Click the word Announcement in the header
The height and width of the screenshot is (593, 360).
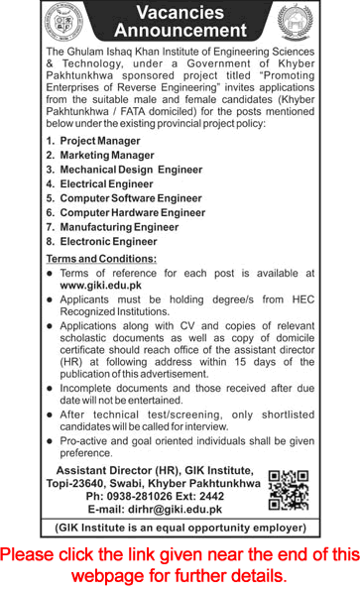(180, 32)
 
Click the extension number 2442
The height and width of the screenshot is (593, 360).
(212, 494)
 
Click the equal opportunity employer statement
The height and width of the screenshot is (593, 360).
(180, 527)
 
